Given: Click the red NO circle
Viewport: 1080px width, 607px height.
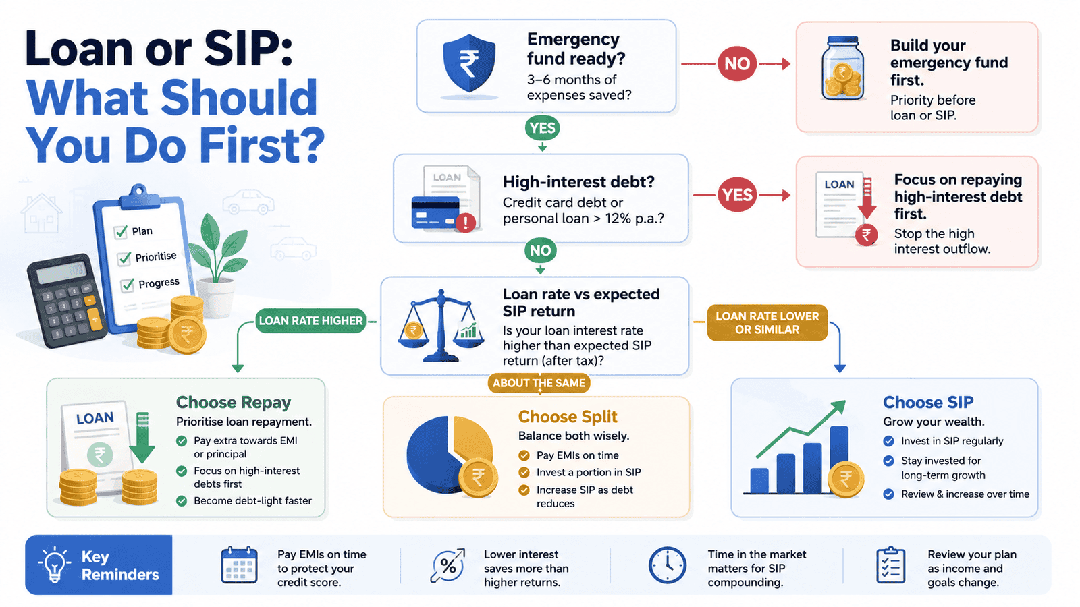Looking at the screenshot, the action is tap(736, 63).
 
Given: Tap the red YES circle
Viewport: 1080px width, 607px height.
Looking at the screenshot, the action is tap(737, 195).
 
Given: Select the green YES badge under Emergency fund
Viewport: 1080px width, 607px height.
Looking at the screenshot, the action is tap(543, 128).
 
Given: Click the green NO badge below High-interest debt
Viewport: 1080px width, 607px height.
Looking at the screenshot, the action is tap(541, 250).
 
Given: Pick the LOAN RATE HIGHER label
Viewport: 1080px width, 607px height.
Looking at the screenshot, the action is tap(310, 321).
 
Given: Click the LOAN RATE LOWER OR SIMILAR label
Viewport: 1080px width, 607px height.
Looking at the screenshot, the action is tap(767, 323).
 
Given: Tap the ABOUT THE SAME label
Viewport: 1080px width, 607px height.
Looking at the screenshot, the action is tap(539, 383).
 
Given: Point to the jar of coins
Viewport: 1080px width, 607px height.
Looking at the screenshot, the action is tap(842, 68).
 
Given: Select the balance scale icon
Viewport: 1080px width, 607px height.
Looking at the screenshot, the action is tap(441, 326).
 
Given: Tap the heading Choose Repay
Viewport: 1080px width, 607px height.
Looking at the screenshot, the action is tap(234, 402).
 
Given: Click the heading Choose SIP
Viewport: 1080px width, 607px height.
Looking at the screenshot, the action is tap(928, 402).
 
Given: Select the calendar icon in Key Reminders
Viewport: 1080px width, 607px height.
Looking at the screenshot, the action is tap(239, 565).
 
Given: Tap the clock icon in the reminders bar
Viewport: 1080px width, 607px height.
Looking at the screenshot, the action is tap(668, 565).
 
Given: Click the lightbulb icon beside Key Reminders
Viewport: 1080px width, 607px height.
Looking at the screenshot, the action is tap(54, 565).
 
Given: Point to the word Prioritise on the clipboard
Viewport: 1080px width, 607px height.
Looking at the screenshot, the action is tap(156, 257).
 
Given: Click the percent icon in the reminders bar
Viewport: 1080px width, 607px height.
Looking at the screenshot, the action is tap(448, 566).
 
